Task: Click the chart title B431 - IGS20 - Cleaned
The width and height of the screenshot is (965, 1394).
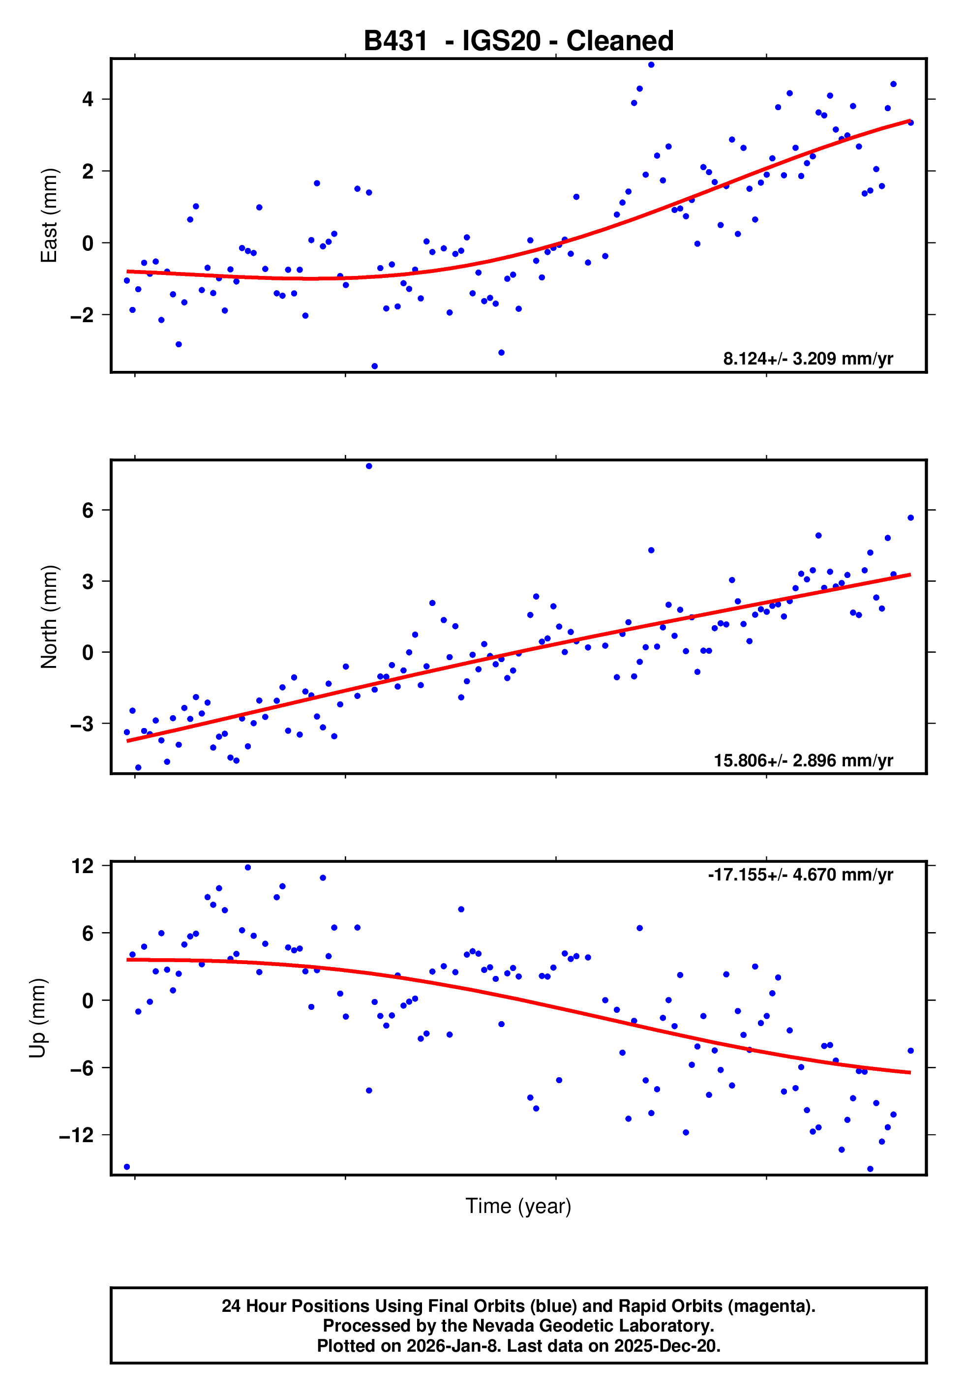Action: coord(518,41)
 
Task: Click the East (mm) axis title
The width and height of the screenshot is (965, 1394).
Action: coord(49,215)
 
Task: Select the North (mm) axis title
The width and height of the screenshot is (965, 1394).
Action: coord(49,617)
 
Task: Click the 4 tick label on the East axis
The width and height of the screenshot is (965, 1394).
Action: coord(88,99)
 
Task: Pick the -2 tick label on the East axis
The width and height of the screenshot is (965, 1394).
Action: coord(82,315)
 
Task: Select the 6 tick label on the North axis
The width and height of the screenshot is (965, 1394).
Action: coord(88,510)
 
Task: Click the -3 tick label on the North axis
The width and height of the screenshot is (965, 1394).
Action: coord(82,724)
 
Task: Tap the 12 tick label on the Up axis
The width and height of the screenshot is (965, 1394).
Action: coord(83,866)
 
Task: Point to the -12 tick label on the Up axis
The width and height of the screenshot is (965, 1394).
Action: coord(77,1135)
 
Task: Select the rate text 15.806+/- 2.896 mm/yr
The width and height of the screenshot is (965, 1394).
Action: coord(803,760)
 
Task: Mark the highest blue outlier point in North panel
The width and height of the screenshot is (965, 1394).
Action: coord(369,466)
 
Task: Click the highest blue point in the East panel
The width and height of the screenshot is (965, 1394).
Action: coord(651,64)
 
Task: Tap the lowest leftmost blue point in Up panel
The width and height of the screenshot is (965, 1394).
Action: coord(126,1167)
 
